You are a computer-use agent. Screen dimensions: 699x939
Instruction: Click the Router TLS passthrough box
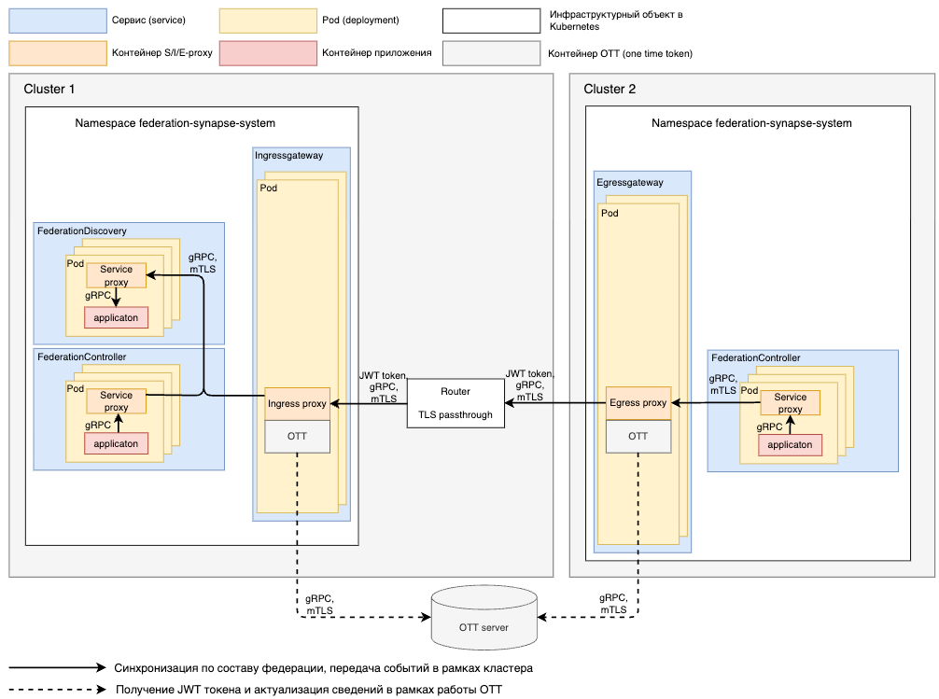point(455,403)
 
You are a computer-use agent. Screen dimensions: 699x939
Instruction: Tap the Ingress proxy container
point(297,404)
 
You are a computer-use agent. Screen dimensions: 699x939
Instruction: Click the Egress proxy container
point(638,403)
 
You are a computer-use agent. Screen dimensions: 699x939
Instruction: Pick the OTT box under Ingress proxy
point(297,437)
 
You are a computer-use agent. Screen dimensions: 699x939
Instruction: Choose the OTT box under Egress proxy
point(638,437)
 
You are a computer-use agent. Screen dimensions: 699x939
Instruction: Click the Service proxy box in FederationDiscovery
point(117,275)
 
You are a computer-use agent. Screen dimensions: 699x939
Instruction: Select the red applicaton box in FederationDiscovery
point(117,317)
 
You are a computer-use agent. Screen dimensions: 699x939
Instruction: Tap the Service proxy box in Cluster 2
point(790,403)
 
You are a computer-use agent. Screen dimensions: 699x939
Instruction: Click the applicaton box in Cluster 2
point(790,445)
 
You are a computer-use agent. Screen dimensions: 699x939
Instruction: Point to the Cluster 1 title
point(49,90)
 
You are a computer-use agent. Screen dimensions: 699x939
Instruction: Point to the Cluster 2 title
point(610,90)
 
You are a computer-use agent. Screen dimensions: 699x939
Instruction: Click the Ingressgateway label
point(288,156)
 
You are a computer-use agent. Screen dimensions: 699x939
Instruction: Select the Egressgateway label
point(630,183)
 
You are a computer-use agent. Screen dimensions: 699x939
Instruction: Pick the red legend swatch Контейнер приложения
point(268,53)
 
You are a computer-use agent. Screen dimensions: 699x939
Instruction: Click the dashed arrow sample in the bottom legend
point(57,691)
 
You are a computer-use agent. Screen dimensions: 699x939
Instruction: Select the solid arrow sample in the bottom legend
point(57,668)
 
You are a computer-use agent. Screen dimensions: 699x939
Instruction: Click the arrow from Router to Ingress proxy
point(369,403)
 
